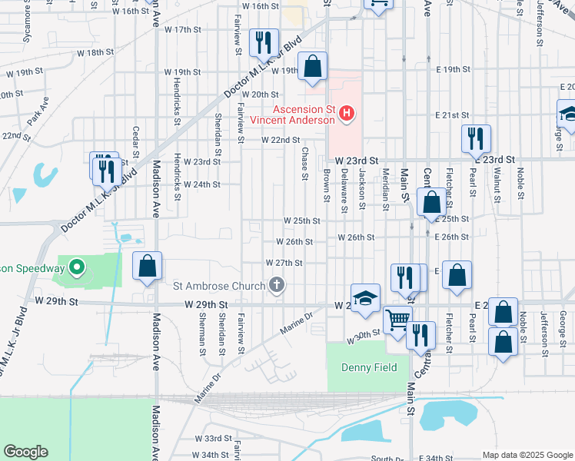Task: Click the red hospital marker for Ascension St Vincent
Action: tap(347, 114)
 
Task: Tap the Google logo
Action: tap(25, 452)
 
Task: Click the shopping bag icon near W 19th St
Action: tap(313, 67)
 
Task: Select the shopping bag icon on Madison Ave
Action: tap(148, 267)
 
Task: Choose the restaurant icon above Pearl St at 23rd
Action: tap(476, 138)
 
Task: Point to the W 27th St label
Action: tap(284, 263)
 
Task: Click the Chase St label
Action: tap(305, 164)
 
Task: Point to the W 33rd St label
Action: tap(214, 439)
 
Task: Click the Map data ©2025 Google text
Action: tap(527, 455)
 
